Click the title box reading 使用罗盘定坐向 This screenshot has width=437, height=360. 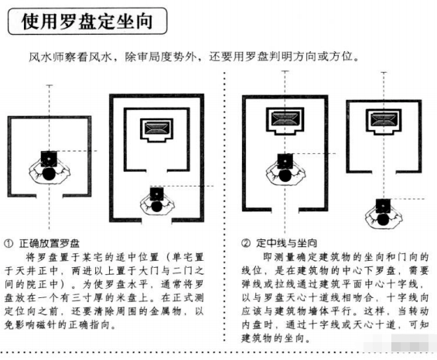click(x=89, y=22)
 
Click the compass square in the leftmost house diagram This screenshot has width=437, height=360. click(x=48, y=158)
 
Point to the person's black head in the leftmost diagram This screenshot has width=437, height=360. click(x=48, y=173)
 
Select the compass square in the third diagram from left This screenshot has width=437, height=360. click(x=282, y=159)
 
